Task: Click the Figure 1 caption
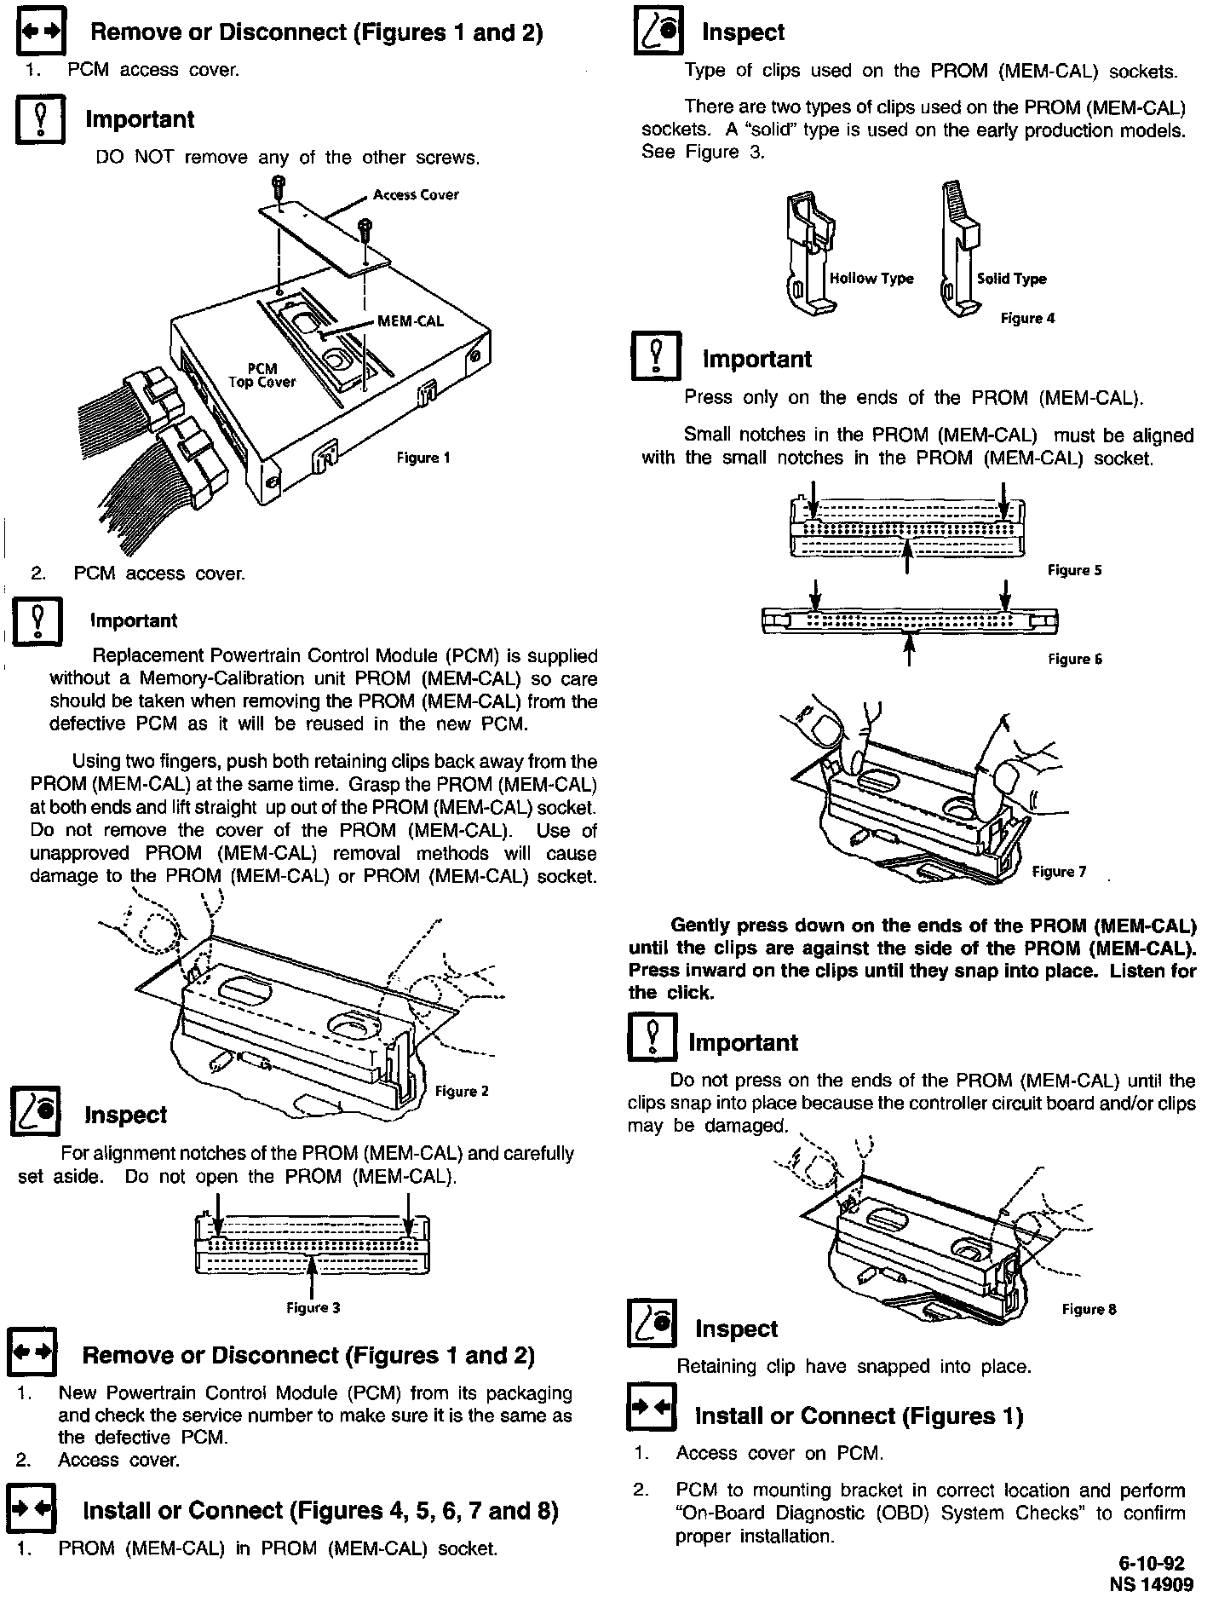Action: coord(423,458)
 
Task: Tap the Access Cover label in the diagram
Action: coord(416,194)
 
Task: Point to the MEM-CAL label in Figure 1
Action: coord(411,321)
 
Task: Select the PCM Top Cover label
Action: coord(262,376)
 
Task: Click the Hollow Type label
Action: coord(871,279)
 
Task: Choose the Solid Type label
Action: coord(1011,279)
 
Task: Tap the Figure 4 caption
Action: coord(1027,318)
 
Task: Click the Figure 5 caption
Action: coord(1074,570)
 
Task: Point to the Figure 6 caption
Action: coord(1074,659)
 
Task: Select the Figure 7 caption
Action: coord(1059,871)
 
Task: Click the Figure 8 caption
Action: coord(1089,1309)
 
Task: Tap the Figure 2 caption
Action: coord(462,1091)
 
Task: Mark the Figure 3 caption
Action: coord(313,1307)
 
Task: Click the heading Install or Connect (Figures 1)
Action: coord(859,1416)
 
